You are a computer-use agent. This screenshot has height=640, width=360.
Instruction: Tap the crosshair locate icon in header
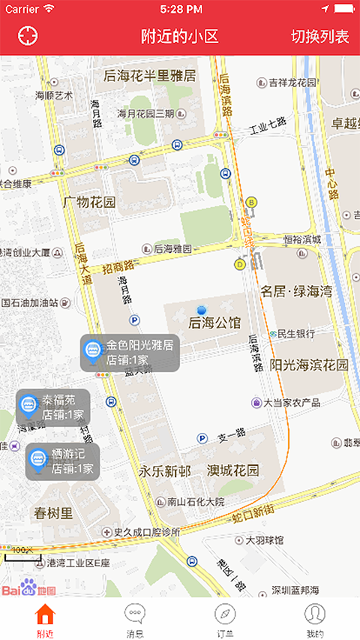[x=28, y=35]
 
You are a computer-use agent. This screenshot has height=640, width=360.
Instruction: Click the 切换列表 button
[x=320, y=37]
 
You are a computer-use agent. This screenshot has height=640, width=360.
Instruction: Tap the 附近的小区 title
[x=180, y=37]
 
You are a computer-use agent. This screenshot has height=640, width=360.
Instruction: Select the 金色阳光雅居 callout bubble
[x=130, y=353]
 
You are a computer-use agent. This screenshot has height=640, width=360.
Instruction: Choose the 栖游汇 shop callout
[x=62, y=461]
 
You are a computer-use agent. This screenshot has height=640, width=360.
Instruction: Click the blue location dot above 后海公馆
[x=201, y=310]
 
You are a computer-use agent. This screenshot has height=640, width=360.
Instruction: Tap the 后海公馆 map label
[x=215, y=323]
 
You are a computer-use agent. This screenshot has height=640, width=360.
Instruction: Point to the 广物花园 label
[x=89, y=203]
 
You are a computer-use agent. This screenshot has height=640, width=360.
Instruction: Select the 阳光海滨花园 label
[x=309, y=365]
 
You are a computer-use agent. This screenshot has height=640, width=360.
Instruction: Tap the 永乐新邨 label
[x=164, y=471]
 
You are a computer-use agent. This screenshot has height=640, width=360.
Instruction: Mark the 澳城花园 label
[x=233, y=471]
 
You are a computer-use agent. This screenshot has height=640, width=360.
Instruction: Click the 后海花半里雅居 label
[x=150, y=76]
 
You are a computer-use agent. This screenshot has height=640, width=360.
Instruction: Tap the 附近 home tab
[x=45, y=620]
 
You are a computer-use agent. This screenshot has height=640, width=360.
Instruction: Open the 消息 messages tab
[x=135, y=620]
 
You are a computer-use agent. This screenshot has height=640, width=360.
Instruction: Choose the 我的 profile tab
[x=315, y=620]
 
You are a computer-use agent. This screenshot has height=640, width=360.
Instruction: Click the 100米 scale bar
[x=22, y=554]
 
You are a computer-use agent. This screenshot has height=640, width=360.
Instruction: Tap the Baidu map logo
[x=28, y=588]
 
